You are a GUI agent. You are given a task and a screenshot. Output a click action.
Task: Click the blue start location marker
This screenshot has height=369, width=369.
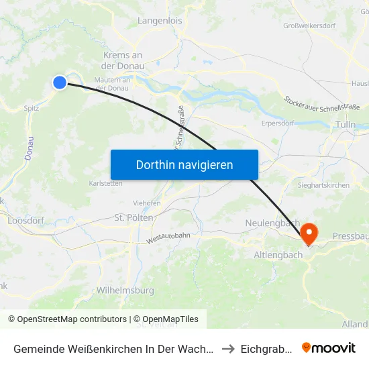[60, 83]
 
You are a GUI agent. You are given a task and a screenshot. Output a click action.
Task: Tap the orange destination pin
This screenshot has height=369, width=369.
[309, 233]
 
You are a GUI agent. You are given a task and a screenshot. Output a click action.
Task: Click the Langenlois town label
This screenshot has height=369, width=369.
[160, 21]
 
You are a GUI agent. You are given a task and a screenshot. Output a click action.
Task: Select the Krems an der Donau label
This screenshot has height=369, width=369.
[123, 61]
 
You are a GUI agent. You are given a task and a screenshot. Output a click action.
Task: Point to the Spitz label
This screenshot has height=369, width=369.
[31, 107]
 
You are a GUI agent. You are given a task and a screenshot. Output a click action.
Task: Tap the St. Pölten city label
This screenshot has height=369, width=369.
[134, 218]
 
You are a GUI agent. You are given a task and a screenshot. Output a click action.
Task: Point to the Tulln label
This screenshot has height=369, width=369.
[346, 125]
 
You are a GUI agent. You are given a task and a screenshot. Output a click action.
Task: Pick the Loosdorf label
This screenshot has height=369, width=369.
[25, 220]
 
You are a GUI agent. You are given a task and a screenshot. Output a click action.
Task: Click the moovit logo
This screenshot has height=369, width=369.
[329, 348]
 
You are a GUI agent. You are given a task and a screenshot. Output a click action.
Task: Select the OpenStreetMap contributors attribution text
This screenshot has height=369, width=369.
[67, 319]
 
